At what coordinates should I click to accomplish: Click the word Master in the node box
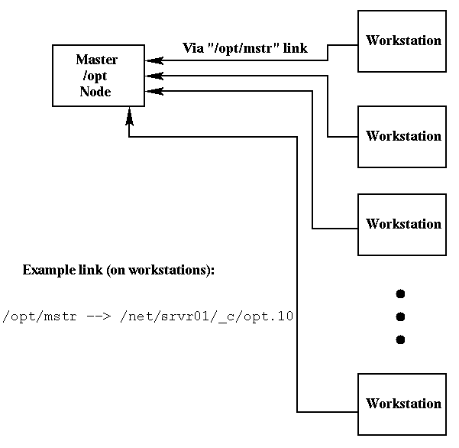click(x=97, y=60)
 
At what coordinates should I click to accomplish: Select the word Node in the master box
click(x=96, y=92)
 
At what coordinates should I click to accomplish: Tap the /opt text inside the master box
click(x=97, y=76)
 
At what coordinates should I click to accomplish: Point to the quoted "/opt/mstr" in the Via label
click(x=243, y=48)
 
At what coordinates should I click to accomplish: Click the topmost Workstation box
click(x=402, y=41)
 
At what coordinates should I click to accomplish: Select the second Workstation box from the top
click(x=402, y=137)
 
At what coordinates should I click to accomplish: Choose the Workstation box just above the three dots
click(x=402, y=224)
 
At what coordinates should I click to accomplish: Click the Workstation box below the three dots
click(x=402, y=404)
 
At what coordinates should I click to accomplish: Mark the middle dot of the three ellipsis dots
click(x=399, y=317)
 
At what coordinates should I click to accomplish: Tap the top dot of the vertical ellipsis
click(x=399, y=294)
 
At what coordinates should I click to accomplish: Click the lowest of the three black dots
click(x=399, y=339)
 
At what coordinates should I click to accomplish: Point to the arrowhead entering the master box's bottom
click(x=129, y=115)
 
